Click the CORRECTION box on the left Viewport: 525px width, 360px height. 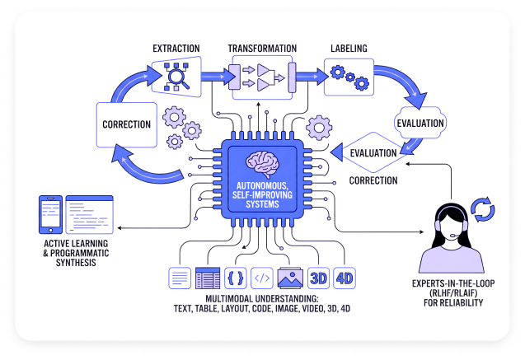click(x=127, y=124)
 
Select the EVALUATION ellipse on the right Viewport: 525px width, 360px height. click(x=420, y=123)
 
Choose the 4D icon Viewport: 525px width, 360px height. click(x=345, y=278)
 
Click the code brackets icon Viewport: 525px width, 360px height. click(x=262, y=278)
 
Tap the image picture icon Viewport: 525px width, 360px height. click(x=290, y=278)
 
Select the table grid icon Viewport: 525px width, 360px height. click(x=207, y=278)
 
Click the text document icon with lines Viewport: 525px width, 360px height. click(x=179, y=278)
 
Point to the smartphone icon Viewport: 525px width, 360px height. click(x=51, y=213)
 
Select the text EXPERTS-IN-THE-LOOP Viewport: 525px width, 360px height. click(x=448, y=283)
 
